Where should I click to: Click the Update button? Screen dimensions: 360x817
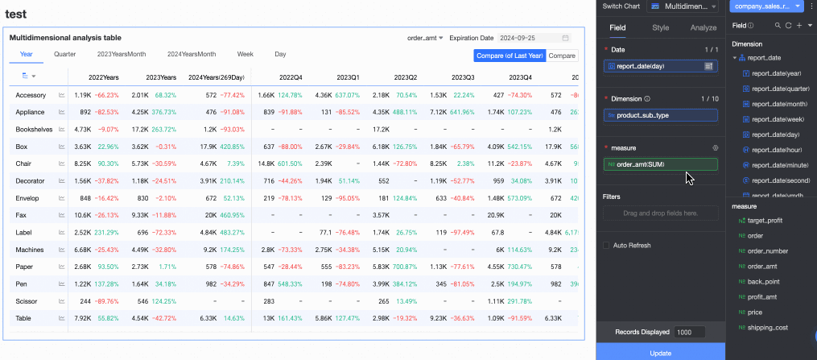[x=659, y=353]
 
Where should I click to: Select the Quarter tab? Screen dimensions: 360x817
[x=65, y=54]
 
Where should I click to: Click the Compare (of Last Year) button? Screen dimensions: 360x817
[x=510, y=56]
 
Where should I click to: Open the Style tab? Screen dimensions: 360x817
[x=660, y=27]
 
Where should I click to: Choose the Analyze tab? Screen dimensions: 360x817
[x=704, y=27]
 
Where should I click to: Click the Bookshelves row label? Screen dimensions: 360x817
[x=34, y=129]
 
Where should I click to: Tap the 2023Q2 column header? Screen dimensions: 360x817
[x=406, y=77]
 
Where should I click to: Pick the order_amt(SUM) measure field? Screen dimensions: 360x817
[x=660, y=164]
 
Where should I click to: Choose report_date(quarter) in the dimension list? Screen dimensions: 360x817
[x=780, y=89]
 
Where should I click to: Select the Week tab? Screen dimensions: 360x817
[x=246, y=54]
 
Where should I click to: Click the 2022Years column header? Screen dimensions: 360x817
[x=104, y=77]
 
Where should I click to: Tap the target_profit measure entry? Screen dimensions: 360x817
[x=765, y=221]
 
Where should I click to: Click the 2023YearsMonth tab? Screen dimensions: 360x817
[x=122, y=54]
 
